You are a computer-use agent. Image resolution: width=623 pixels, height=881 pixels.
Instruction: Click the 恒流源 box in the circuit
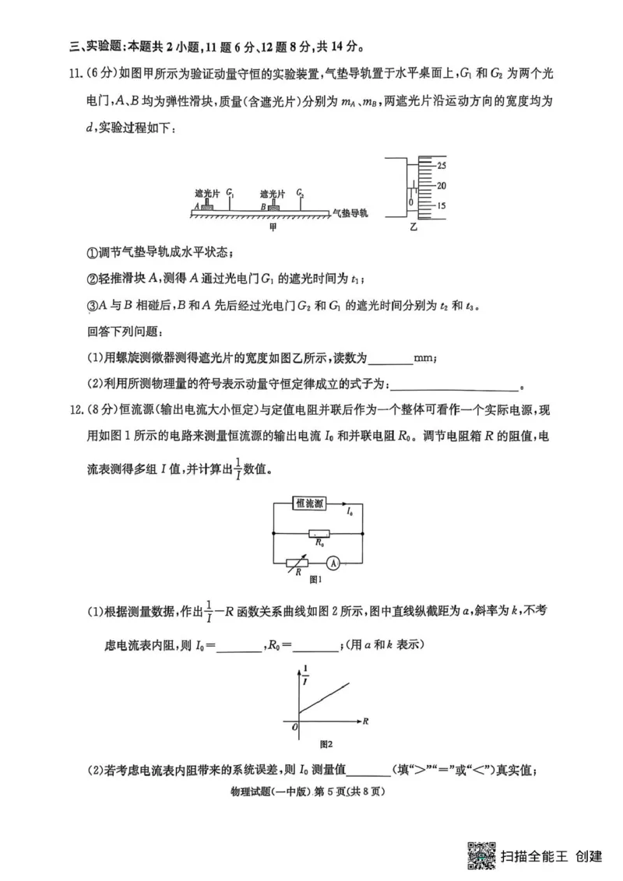(x=311, y=504)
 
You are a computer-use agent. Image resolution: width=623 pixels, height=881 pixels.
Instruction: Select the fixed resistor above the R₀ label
(x=318, y=533)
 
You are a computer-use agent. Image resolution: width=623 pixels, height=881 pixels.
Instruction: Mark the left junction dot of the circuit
(x=273, y=533)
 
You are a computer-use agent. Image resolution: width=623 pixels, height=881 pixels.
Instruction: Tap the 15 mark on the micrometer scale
(x=441, y=206)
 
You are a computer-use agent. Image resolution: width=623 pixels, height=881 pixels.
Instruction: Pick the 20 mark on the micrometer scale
(x=441, y=186)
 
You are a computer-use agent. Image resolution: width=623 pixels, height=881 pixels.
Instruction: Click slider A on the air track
(x=207, y=206)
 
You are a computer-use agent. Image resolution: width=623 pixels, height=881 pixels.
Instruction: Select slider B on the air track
(x=273, y=206)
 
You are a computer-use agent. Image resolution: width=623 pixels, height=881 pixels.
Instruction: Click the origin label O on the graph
(x=294, y=726)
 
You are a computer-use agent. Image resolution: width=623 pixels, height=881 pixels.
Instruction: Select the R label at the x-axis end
(x=365, y=721)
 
